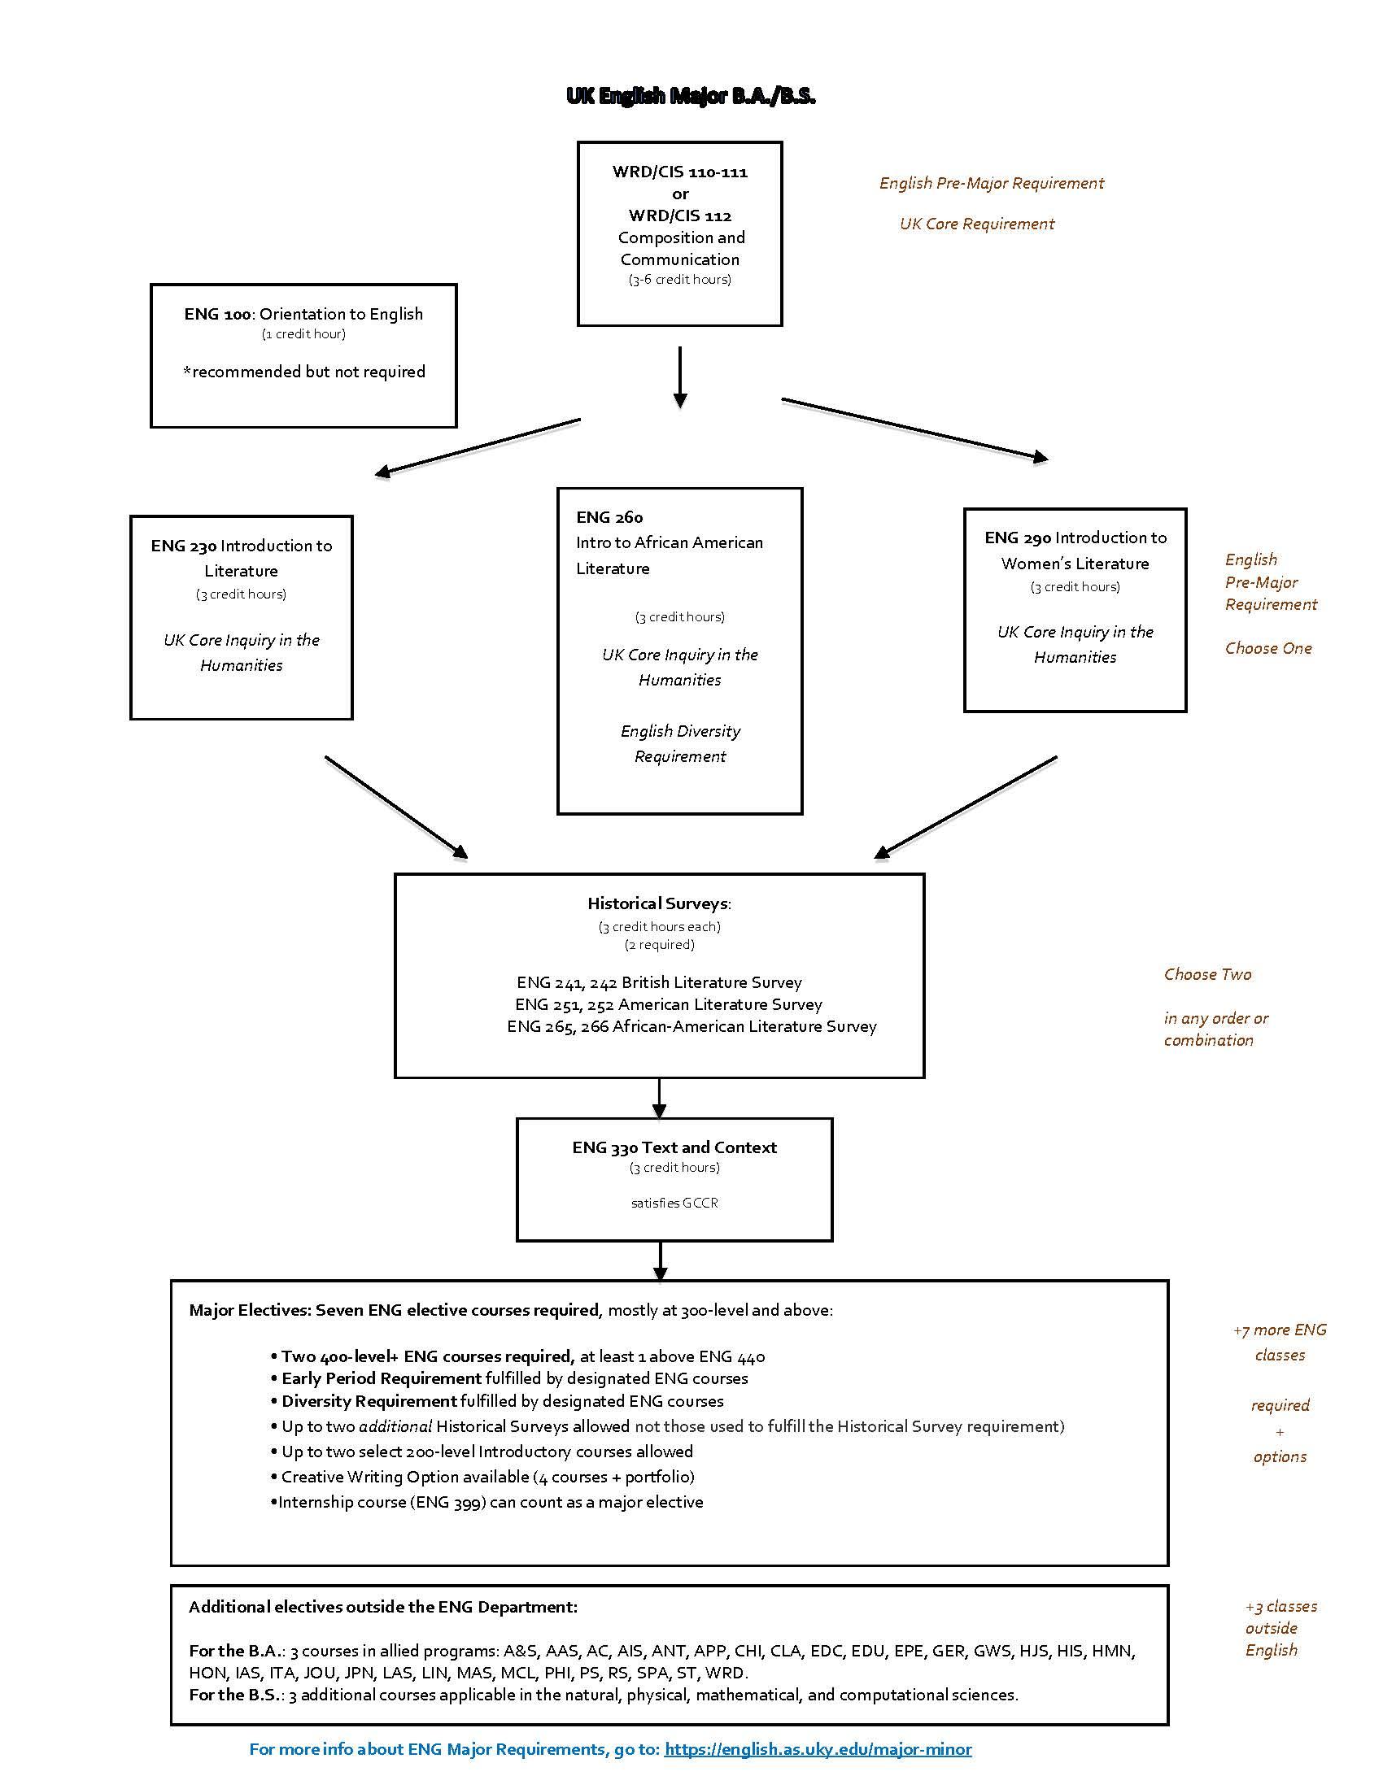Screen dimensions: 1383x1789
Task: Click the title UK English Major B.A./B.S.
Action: pyautogui.click(x=691, y=97)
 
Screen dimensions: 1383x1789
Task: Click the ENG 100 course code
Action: pyautogui.click(x=217, y=314)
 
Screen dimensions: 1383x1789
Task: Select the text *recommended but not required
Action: pyautogui.click(x=304, y=372)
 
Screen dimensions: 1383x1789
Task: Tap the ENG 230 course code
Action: pyautogui.click(x=184, y=546)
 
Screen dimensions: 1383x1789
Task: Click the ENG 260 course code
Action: pyautogui.click(x=609, y=517)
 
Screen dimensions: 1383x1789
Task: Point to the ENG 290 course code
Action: pyautogui.click(x=1018, y=538)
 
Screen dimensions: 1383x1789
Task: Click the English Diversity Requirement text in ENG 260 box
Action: pyautogui.click(x=680, y=743)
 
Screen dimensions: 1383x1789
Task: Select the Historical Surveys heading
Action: pyautogui.click(x=659, y=903)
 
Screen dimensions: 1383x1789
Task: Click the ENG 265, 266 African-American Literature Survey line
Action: pyautogui.click(x=691, y=1026)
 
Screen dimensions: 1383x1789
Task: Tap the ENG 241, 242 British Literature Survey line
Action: pyautogui.click(x=659, y=982)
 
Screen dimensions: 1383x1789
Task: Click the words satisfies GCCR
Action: pyautogui.click(x=674, y=1203)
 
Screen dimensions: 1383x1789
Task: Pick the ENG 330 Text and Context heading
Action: pyautogui.click(x=674, y=1147)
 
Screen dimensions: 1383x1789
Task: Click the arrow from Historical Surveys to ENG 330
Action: pyautogui.click(x=660, y=1099)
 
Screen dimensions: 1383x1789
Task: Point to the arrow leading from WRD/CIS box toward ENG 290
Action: pyautogui.click(x=915, y=429)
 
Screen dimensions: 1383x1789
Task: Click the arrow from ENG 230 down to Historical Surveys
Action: pyautogui.click(x=396, y=807)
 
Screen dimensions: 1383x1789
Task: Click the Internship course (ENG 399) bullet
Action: pyautogui.click(x=486, y=1501)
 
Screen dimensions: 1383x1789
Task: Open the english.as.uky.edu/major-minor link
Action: pyautogui.click(x=818, y=1749)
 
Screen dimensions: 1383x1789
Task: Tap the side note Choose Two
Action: pyautogui.click(x=1207, y=974)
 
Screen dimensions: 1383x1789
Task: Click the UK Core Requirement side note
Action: pyautogui.click(x=976, y=224)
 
